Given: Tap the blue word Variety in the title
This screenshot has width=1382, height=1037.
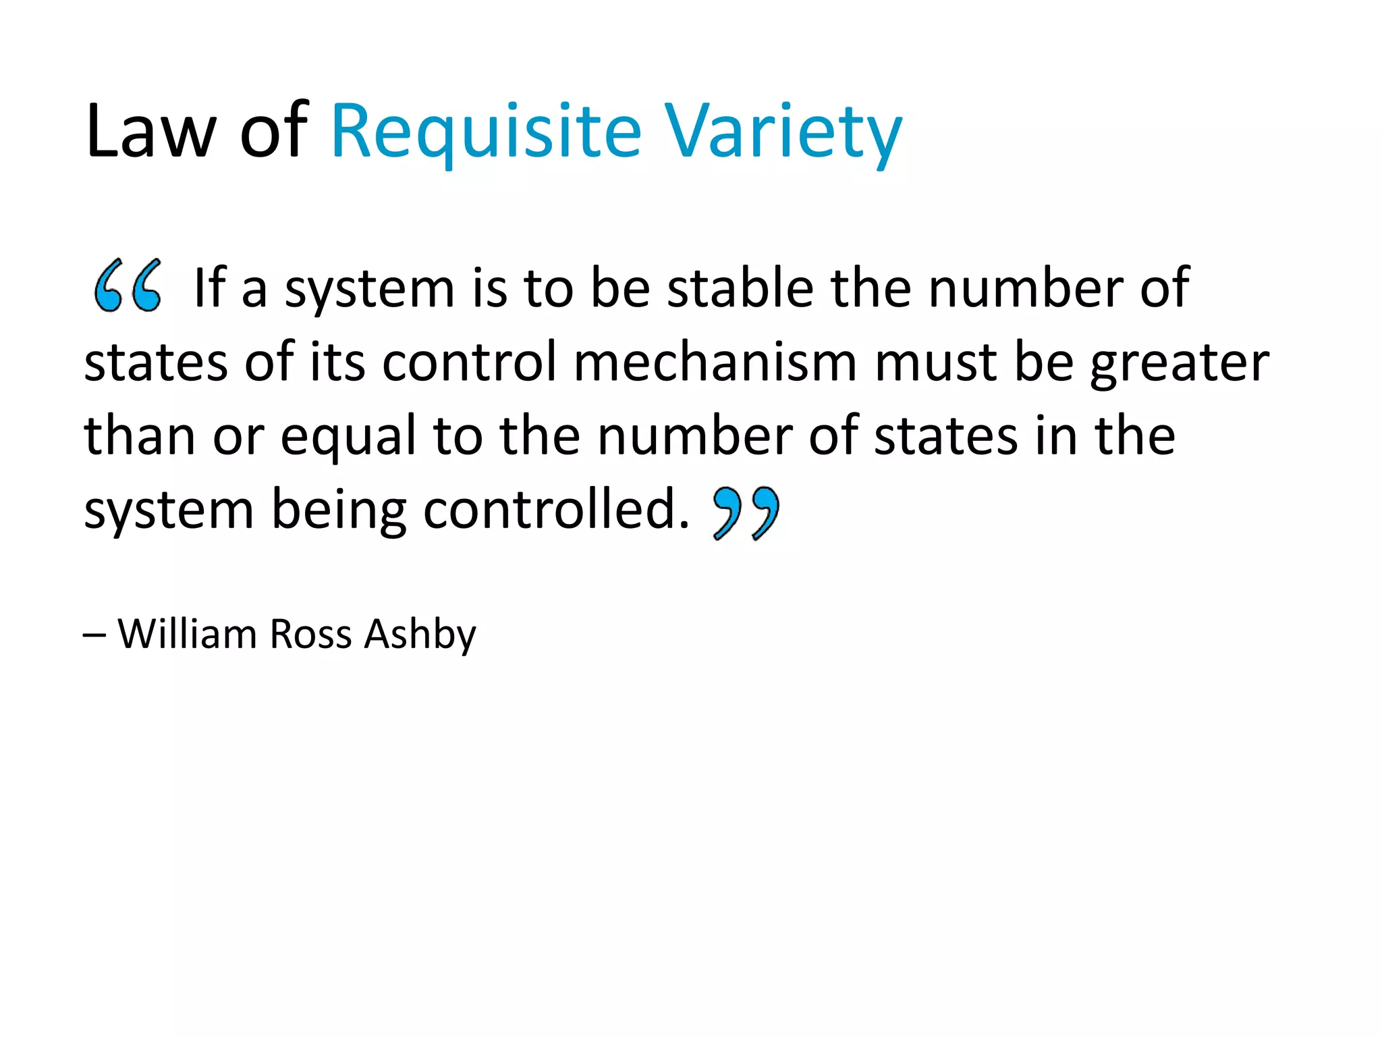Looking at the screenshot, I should [x=783, y=132].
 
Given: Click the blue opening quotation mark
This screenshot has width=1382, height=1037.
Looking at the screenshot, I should [x=128, y=286].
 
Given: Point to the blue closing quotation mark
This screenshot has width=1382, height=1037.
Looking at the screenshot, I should [x=746, y=513].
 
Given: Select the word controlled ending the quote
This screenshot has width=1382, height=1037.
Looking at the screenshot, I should [x=556, y=510].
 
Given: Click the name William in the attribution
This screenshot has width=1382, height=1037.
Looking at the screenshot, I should [x=188, y=634].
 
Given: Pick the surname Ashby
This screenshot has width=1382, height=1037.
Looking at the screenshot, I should [x=420, y=635].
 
